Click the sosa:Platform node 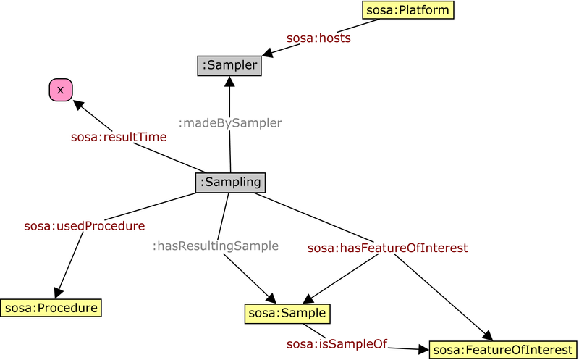tap(407, 10)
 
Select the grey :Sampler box tap(229, 66)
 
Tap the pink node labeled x tap(60, 89)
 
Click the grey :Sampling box tap(230, 183)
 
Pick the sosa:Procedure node tap(51, 308)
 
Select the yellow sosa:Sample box tap(287, 313)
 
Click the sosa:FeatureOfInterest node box tap(503, 350)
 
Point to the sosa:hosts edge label tap(319, 38)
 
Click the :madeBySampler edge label tap(229, 123)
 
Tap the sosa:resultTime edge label tap(119, 136)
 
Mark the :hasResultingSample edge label tap(215, 246)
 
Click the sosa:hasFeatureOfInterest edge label tap(387, 248)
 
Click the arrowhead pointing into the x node tap(77, 104)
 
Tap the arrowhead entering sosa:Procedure tap(59, 292)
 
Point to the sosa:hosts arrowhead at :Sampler tap(267, 53)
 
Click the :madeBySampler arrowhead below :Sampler tap(229, 82)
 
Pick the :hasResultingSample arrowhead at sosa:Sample tap(271, 298)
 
